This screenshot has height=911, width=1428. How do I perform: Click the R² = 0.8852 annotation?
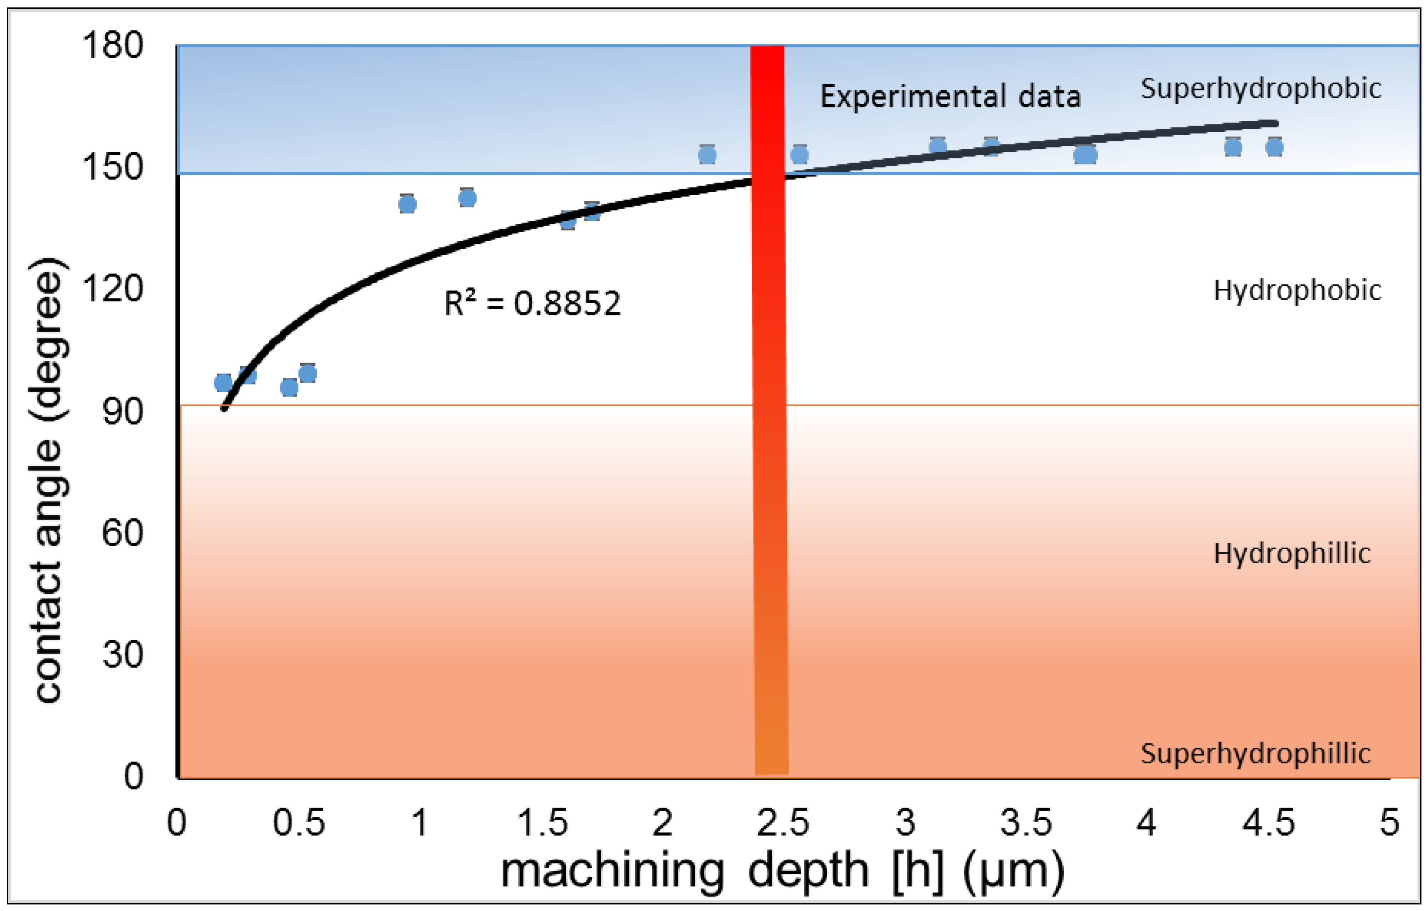click(532, 303)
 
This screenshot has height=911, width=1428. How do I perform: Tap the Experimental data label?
click(950, 97)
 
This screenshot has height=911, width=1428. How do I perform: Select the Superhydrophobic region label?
click(1261, 89)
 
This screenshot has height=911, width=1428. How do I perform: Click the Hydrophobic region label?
click(1297, 291)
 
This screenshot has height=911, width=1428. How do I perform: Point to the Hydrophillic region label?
click(1291, 553)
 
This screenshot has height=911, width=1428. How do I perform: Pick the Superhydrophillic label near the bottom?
click(1255, 753)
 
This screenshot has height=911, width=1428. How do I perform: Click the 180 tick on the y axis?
click(113, 45)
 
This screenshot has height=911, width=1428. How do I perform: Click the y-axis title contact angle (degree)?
click(48, 480)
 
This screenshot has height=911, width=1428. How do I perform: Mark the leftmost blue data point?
click(223, 383)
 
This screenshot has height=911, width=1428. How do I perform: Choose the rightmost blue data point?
click(1274, 147)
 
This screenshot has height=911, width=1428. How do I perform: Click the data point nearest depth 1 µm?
click(407, 205)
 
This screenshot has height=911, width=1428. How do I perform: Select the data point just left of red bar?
click(707, 155)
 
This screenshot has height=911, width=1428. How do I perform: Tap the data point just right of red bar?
click(799, 155)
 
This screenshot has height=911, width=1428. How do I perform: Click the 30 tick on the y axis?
click(122, 655)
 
